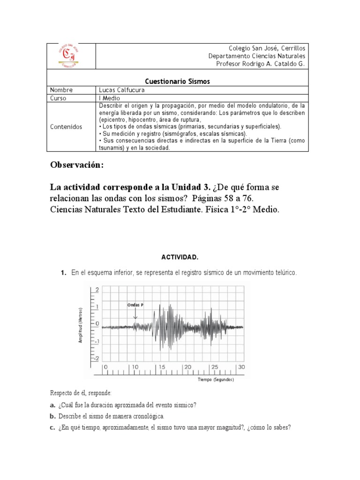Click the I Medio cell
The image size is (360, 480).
tap(109, 98)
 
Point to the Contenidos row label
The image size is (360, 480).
tap(67, 127)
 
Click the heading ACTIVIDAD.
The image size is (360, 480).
tap(180, 257)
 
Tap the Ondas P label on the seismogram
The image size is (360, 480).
tap(135, 305)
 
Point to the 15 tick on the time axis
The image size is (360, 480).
tap(162, 367)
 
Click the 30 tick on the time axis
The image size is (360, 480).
tap(241, 367)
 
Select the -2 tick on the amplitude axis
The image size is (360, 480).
tap(96, 359)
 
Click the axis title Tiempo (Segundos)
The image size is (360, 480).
tap(216, 380)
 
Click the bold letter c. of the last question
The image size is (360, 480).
tap(52, 427)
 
